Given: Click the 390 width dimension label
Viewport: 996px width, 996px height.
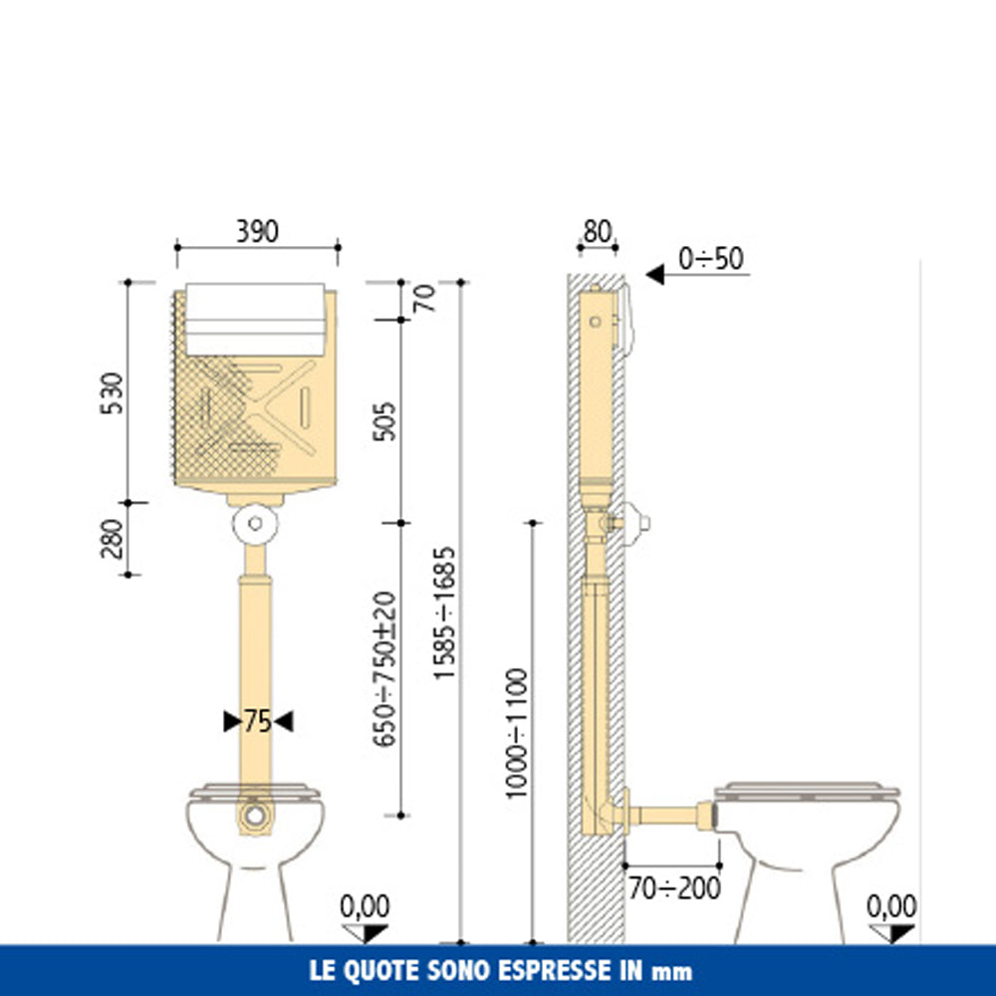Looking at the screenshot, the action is [257, 231].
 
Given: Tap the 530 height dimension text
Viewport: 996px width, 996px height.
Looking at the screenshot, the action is [112, 393].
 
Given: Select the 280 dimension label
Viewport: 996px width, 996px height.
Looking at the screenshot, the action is [112, 539].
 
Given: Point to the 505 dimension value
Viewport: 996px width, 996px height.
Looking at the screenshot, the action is [384, 421].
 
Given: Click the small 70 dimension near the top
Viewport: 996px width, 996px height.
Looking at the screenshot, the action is [425, 298].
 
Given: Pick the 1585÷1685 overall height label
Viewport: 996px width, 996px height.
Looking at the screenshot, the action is [444, 613].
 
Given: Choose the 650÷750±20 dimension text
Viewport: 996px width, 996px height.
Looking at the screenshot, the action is [384, 669].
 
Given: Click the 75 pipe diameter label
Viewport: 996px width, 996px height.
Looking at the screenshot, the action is [258, 721].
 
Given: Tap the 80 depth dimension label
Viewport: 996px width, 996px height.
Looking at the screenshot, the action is [597, 232].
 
